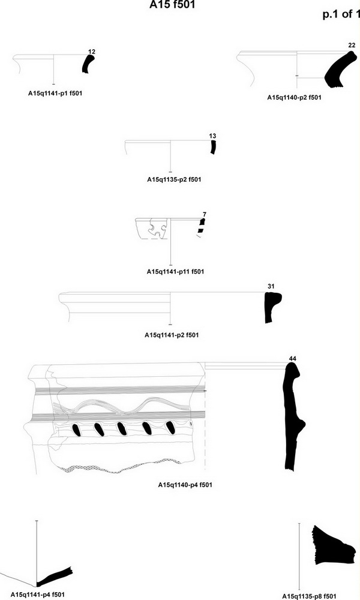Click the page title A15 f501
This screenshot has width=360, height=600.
(172, 5)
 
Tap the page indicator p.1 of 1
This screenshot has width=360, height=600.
(341, 14)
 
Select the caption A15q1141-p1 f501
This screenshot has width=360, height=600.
(55, 93)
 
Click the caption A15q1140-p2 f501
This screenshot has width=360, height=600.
(294, 98)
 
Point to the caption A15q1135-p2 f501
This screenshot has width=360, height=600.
(174, 179)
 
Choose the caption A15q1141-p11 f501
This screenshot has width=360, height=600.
(176, 272)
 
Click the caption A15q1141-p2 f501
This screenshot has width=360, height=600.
(172, 335)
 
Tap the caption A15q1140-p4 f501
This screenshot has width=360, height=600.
(185, 485)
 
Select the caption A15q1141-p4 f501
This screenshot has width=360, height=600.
(37, 595)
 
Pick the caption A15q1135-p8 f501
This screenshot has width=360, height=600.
(310, 596)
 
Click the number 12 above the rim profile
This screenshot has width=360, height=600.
(92, 52)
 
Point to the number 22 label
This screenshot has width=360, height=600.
(352, 46)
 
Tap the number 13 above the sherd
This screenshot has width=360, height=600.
(213, 136)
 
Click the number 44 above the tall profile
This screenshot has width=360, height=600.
(293, 359)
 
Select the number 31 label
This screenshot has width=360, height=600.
(271, 286)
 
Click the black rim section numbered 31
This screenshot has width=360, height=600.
(271, 306)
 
